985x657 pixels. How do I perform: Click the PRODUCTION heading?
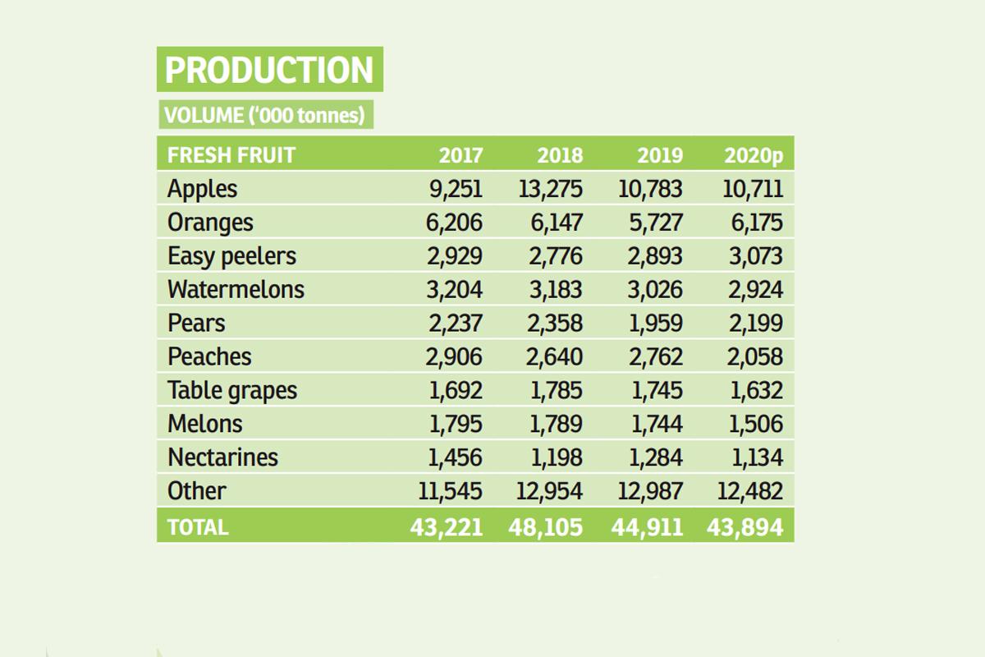pyautogui.click(x=269, y=70)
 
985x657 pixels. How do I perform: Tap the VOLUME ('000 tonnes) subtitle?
pyautogui.click(x=264, y=115)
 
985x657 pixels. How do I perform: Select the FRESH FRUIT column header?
pyautogui.click(x=231, y=154)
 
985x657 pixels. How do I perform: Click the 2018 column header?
pyautogui.click(x=560, y=154)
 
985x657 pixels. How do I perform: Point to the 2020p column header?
pyautogui.click(x=754, y=154)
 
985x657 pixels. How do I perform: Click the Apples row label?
pyautogui.click(x=202, y=189)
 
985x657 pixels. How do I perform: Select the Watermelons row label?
pyautogui.click(x=236, y=289)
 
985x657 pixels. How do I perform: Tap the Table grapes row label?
pyautogui.click(x=232, y=390)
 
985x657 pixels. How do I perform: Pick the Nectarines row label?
pyautogui.click(x=222, y=457)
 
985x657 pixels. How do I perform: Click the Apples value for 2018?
pyautogui.click(x=550, y=189)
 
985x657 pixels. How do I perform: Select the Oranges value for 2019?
pyautogui.click(x=652, y=223)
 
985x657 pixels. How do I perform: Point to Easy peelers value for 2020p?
pyautogui.click(x=753, y=256)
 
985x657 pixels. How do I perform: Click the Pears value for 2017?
pyautogui.click(x=455, y=323)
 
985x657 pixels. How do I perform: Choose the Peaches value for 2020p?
pyautogui.click(x=753, y=356)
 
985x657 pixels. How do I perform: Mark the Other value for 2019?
pyautogui.click(x=649, y=490)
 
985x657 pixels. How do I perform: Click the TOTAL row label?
pyautogui.click(x=198, y=526)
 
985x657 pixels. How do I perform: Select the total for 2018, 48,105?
pyautogui.click(x=546, y=526)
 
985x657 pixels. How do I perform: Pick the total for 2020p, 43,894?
pyautogui.click(x=745, y=526)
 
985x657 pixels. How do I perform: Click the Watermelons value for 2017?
pyautogui.click(x=455, y=289)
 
